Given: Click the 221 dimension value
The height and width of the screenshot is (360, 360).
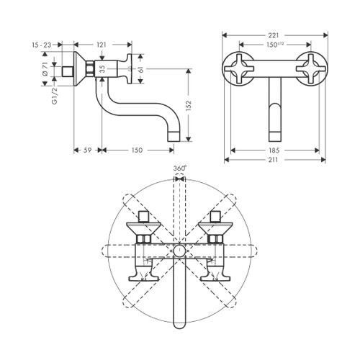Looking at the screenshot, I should click(x=272, y=35).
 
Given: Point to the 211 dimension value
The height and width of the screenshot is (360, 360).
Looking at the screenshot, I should click(x=272, y=160).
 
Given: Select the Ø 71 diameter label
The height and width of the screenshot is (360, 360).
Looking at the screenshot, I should click(x=44, y=70).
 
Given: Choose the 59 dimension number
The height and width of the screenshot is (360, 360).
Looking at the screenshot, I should click(x=86, y=150).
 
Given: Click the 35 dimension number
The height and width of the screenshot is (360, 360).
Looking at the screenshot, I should click(x=101, y=70).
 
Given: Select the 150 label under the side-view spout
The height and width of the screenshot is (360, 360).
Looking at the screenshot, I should click(x=136, y=150).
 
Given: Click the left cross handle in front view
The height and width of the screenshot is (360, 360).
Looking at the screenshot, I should click(x=242, y=70).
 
